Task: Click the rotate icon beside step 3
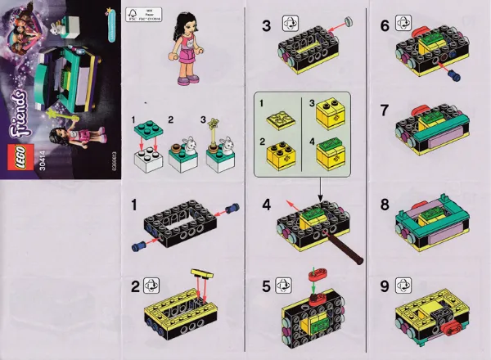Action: pyautogui.click(x=289, y=24)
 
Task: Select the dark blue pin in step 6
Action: pyautogui.click(x=452, y=78)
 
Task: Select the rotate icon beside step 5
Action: pyautogui.click(x=289, y=288)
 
